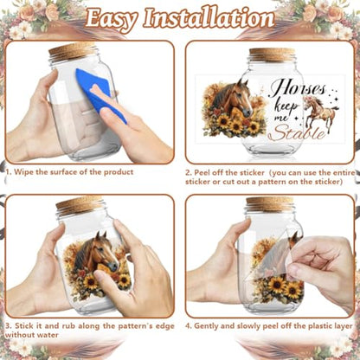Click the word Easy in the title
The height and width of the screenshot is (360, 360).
point(112,18)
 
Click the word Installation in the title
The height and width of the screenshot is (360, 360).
point(209,17)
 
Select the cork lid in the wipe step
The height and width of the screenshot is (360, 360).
point(72,50)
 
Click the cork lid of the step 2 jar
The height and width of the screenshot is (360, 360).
point(272,55)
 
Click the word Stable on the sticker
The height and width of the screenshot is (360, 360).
point(299,132)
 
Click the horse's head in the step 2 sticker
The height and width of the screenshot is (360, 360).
point(235,97)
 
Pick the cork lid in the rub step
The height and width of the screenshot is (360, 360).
point(80,205)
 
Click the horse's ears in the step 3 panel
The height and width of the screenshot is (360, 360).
point(101,235)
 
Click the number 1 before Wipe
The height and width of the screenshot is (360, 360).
point(8,172)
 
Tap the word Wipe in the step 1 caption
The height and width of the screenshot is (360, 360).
point(23,172)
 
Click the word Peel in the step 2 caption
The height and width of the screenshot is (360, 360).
point(202,173)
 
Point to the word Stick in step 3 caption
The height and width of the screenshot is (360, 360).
point(24,326)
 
